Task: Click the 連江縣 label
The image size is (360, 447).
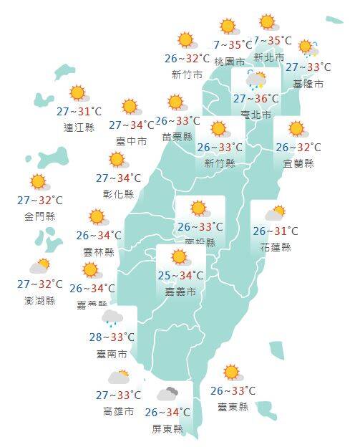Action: pyautogui.click(x=79, y=128)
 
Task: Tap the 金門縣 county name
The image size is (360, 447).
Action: pyautogui.click(x=40, y=216)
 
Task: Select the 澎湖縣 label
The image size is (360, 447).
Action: pyautogui.click(x=39, y=300)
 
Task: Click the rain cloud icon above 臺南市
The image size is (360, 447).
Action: pyautogui.click(x=112, y=317)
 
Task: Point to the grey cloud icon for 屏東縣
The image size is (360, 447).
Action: pyautogui.click(x=167, y=394)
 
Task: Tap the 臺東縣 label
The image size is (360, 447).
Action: pyautogui.click(x=233, y=407)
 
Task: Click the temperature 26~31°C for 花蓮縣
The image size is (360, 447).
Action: pyautogui.click(x=276, y=231)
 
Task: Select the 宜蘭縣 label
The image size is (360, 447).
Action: pyautogui.click(x=298, y=163)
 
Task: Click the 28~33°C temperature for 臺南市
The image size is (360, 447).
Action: pyautogui.click(x=113, y=337)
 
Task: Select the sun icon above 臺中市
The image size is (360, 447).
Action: pyautogui.click(x=130, y=107)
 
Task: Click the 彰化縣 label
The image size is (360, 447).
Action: pyautogui.click(x=118, y=193)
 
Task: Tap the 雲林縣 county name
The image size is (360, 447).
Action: pyautogui.click(x=99, y=251)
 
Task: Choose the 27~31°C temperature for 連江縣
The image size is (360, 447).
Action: pyautogui.click(x=79, y=111)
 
